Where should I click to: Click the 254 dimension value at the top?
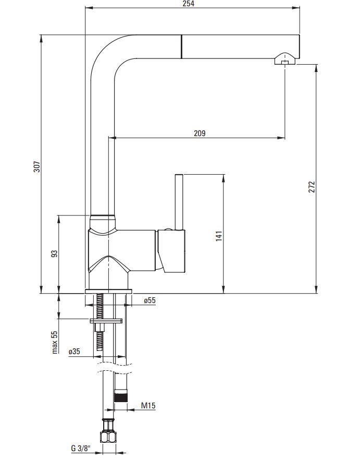(x=188, y=4)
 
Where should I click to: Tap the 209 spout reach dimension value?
(x=200, y=133)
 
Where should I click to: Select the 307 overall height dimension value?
(x=37, y=167)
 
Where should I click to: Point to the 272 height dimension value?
(x=312, y=187)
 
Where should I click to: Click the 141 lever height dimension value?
(x=219, y=236)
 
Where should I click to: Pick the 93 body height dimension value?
(x=54, y=254)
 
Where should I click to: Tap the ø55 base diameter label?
(x=150, y=300)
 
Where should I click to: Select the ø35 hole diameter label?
(x=74, y=351)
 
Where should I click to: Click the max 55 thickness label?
(x=55, y=342)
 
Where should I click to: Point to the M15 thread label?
(x=148, y=406)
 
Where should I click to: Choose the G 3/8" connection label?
(x=81, y=449)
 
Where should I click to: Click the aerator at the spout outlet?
(x=284, y=58)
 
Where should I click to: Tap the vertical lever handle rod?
(x=179, y=202)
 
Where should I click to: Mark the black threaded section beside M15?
(x=121, y=397)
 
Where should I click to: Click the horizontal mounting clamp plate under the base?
(x=106, y=321)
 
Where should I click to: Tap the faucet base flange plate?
(x=108, y=292)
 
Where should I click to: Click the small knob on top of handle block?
(x=169, y=229)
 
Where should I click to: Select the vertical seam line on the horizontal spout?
(x=181, y=46)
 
